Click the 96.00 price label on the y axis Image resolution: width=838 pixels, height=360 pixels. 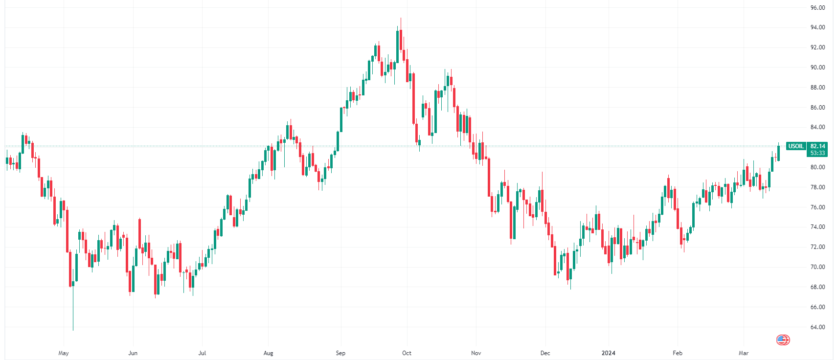[x=817, y=8]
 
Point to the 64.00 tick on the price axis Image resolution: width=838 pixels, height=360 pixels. [x=817, y=327]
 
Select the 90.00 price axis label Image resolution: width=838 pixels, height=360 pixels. [x=817, y=67]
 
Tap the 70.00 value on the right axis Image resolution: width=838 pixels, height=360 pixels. [x=817, y=267]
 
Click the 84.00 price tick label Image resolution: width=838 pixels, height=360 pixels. [x=817, y=127]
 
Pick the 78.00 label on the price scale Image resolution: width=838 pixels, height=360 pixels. [x=817, y=187]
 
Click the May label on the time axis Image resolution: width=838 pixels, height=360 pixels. [x=64, y=353]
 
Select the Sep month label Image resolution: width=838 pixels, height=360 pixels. [x=340, y=353]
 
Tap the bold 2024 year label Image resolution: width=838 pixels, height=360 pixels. [x=609, y=353]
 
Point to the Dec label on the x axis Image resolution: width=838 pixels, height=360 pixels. [x=545, y=353]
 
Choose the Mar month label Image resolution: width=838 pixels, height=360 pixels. [x=744, y=353]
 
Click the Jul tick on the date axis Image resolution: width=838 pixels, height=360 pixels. [x=202, y=353]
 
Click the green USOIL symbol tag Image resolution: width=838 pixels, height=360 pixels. [x=796, y=146]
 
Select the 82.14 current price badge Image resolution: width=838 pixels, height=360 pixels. [x=817, y=146]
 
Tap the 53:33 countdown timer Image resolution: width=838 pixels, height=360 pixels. [x=817, y=153]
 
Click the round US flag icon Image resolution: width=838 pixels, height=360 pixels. [x=783, y=340]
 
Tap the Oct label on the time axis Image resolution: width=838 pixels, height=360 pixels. [x=407, y=353]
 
